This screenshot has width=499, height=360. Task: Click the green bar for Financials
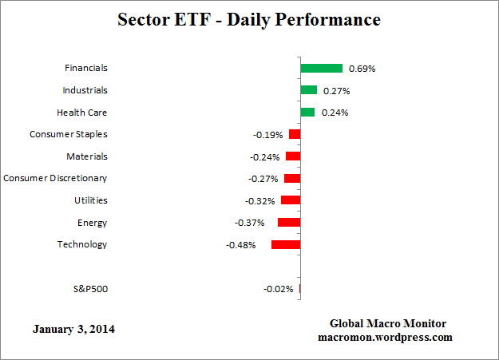pyautogui.click(x=321, y=69)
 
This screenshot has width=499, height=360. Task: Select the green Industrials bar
pyautogui.click(x=308, y=90)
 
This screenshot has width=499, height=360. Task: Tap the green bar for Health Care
pyautogui.click(x=307, y=113)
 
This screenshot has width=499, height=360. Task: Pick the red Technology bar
pyautogui.click(x=285, y=244)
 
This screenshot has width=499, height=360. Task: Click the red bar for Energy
pyautogui.click(x=288, y=223)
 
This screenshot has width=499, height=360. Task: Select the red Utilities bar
pyautogui.click(x=290, y=200)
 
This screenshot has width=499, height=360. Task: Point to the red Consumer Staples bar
pyautogui.click(x=294, y=134)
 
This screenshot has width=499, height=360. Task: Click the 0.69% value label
pyautogui.click(x=362, y=69)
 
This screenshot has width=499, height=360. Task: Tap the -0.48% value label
pyautogui.click(x=240, y=245)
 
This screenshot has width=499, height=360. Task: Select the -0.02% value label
pyautogui.click(x=278, y=289)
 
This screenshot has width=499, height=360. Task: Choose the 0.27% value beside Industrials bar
pyautogui.click(x=335, y=91)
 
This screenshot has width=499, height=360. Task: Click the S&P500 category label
pyautogui.click(x=89, y=289)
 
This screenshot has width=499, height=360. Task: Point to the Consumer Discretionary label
pyautogui.click(x=55, y=179)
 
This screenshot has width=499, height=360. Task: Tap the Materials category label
pyautogui.click(x=87, y=156)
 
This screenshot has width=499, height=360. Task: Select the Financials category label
pyautogui.click(x=85, y=69)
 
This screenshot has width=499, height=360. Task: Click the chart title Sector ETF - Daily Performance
pyautogui.click(x=249, y=18)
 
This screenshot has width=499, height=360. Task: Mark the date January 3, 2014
pyautogui.click(x=73, y=329)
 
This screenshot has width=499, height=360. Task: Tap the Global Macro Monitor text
pyautogui.click(x=388, y=323)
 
